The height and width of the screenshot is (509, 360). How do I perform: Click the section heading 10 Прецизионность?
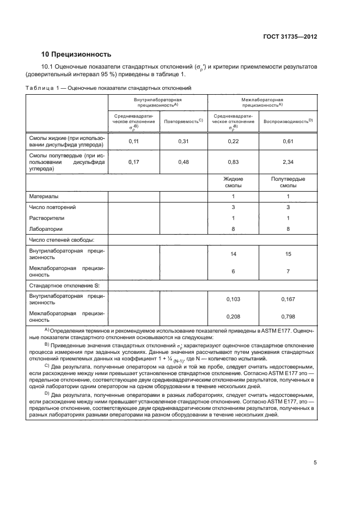(x=76, y=54)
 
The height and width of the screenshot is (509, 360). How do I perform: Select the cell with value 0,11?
(x=133, y=142)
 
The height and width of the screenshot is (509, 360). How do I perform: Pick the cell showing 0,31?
(x=184, y=142)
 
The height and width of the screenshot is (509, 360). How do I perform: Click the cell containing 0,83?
(x=233, y=162)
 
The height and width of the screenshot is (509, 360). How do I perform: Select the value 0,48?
(x=184, y=162)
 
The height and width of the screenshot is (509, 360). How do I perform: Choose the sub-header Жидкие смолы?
(x=233, y=182)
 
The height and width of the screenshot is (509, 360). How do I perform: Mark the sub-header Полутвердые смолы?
(x=288, y=182)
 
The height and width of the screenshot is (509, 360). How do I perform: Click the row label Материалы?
(x=44, y=196)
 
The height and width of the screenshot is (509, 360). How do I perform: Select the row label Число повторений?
(x=52, y=207)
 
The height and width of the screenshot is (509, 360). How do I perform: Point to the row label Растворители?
(x=48, y=218)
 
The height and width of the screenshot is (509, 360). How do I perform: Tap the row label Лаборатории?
(x=46, y=229)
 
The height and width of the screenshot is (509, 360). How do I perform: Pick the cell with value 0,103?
(x=233, y=299)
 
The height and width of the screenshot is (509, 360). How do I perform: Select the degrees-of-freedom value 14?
(x=233, y=254)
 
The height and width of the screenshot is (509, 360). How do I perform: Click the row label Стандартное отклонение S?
(x=60, y=285)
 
